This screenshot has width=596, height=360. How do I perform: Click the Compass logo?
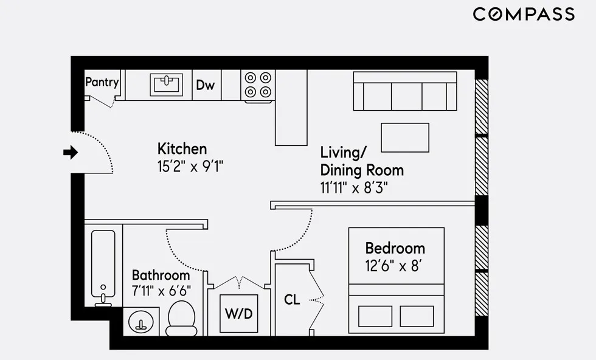click(x=524, y=14)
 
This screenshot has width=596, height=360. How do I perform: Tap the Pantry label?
click(x=102, y=82)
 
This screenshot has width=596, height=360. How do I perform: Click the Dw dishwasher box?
click(x=206, y=85)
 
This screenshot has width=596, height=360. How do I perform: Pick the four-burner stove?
click(x=257, y=85)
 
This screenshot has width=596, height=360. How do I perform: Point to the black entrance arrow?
click(x=71, y=152)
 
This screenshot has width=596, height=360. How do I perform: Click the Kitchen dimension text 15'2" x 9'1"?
click(x=190, y=167)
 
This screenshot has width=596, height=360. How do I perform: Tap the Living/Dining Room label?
click(x=361, y=161)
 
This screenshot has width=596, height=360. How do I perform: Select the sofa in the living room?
click(x=405, y=91)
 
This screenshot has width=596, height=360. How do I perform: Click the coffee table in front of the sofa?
click(x=405, y=137)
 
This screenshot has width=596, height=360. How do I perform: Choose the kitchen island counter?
click(x=291, y=108)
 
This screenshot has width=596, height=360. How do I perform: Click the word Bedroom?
click(x=395, y=248)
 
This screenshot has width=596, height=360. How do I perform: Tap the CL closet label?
click(x=292, y=300)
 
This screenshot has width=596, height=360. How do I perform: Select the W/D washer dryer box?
click(x=238, y=314)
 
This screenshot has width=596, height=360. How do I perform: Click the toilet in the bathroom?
click(x=181, y=317)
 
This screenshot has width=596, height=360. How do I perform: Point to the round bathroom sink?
click(x=141, y=320)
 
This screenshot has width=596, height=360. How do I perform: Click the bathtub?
click(x=103, y=265)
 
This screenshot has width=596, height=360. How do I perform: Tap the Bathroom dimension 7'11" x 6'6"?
click(x=161, y=291)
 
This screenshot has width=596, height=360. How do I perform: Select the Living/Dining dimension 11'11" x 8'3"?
click(x=355, y=187)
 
